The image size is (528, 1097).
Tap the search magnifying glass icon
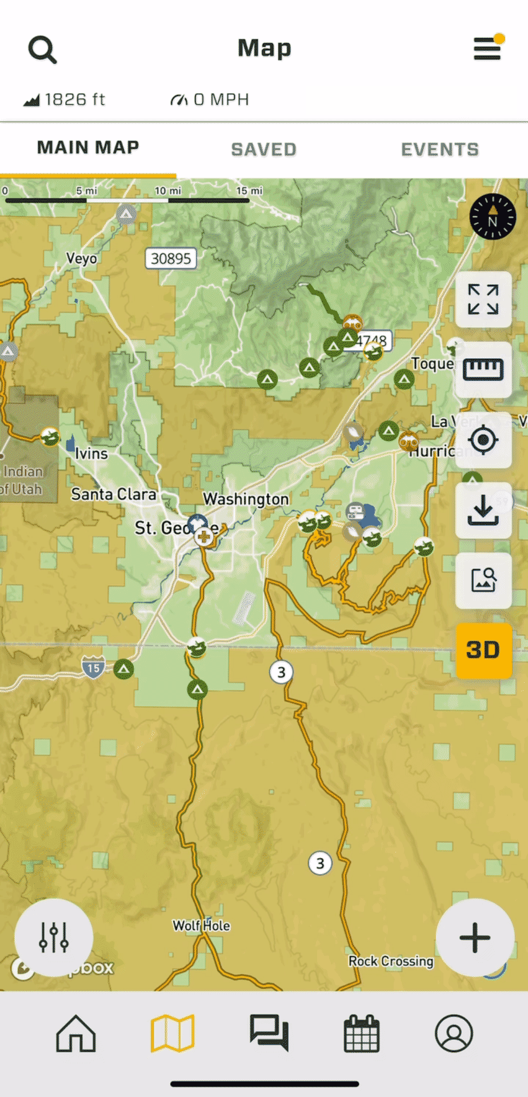[42, 50]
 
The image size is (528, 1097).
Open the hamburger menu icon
[487, 49]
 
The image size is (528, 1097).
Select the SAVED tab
[263, 150]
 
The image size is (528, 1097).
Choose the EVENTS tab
[439, 150]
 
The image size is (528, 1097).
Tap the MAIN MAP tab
[88, 148]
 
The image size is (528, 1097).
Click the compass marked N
[493, 217]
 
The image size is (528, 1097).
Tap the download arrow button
[483, 510]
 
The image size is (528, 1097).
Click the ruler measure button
[483, 370]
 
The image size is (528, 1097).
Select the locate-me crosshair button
[483, 440]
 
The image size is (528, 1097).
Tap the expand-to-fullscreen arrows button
[483, 299]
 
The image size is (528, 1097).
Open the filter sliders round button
[54, 937]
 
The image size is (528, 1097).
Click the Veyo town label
[82, 259]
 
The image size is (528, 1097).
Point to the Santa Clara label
[114, 494]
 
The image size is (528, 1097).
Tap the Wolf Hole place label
[201, 926]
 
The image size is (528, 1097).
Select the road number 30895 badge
[171, 259]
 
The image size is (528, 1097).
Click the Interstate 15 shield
[94, 667]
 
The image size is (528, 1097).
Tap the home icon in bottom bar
[76, 1034]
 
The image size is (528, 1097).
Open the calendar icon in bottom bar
[361, 1034]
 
